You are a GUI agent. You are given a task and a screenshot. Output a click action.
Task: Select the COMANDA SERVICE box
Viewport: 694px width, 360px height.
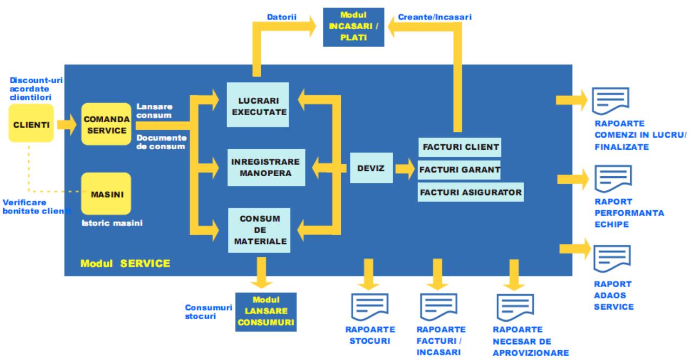click(106, 124)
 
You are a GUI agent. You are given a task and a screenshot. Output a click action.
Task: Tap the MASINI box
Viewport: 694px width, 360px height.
click(106, 194)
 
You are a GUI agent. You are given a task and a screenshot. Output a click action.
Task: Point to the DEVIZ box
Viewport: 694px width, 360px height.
click(371, 168)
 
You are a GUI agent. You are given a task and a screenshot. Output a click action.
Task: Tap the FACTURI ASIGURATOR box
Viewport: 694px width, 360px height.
click(471, 191)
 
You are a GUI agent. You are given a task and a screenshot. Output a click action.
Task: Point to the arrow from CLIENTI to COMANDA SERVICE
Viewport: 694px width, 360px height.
click(67, 124)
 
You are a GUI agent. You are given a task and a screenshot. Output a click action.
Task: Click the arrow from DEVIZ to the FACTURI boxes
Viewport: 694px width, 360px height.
click(405, 168)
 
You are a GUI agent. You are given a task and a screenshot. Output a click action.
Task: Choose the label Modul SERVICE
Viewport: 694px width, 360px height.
click(125, 264)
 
